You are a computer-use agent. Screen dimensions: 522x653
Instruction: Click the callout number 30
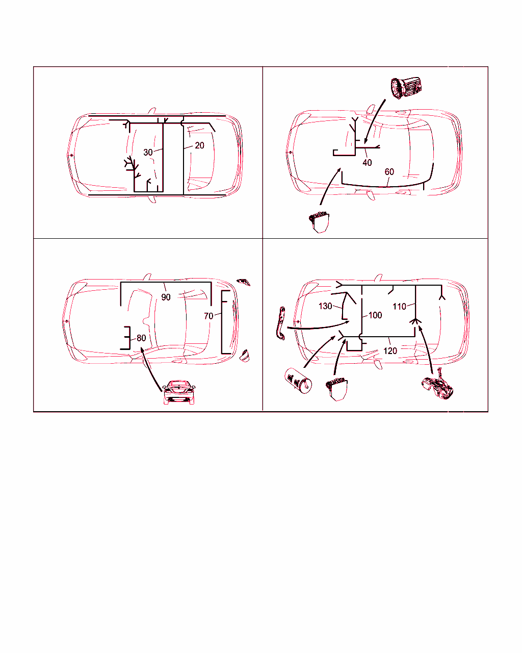[148, 153]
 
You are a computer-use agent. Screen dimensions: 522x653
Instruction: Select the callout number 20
[199, 146]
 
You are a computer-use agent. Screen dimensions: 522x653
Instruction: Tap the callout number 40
[367, 163]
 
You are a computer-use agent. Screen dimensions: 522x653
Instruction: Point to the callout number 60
[389, 172]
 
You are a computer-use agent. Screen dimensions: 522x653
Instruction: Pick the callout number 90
[166, 297]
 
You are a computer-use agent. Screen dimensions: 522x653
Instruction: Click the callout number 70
[208, 316]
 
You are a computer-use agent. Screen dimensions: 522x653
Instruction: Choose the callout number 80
[141, 338]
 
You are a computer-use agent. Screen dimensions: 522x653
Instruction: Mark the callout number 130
[325, 306]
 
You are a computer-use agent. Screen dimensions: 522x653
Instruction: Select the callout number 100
[375, 315]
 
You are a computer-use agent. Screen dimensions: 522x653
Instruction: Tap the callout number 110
[399, 307]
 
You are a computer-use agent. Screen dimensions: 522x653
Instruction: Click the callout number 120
[390, 351]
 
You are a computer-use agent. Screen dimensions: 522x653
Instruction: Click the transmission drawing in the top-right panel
[406, 88]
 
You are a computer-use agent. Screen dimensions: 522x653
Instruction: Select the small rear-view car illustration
[179, 392]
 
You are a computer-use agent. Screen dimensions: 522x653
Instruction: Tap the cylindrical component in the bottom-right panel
[298, 381]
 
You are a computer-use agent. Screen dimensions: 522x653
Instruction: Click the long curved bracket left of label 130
[281, 323]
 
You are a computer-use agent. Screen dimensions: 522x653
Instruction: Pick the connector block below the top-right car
[319, 222]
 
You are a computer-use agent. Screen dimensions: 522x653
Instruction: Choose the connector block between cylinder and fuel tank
[336, 390]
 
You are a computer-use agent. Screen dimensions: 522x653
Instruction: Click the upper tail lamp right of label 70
[244, 282]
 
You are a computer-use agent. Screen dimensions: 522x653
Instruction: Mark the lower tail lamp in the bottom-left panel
[245, 356]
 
